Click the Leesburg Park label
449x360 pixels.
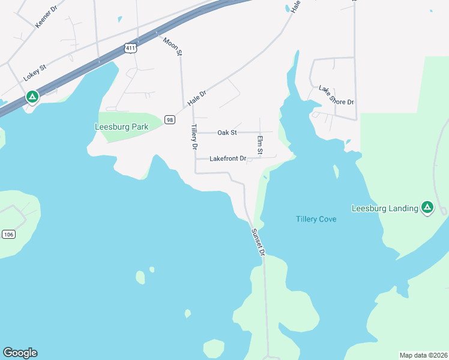121,127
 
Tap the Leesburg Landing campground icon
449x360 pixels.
427,208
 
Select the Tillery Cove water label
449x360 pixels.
316,219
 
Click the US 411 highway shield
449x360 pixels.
130,47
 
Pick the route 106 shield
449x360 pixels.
8,233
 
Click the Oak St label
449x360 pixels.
228,132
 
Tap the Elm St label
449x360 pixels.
261,146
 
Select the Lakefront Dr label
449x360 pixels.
228,159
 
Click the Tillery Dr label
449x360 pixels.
194,137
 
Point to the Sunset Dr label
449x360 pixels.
258,243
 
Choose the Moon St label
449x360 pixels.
172,46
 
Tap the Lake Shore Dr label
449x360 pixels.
336,95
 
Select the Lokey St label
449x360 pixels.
35,73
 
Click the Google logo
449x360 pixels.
20,353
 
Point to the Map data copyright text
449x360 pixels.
423,355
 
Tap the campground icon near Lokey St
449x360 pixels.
32,96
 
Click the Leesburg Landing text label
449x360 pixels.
385,208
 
